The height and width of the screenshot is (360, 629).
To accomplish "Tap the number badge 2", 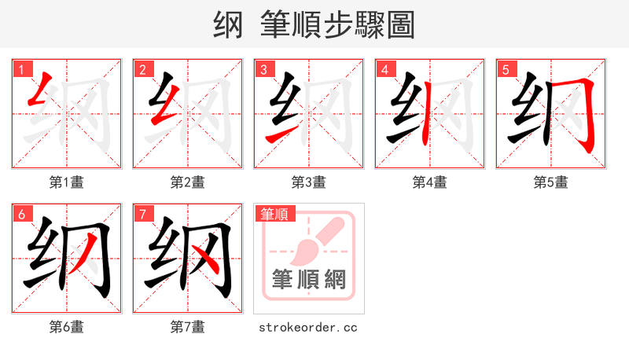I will (x=142, y=69).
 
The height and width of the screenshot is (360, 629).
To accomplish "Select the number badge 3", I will (x=263, y=69).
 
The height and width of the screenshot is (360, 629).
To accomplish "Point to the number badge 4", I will (x=384, y=69).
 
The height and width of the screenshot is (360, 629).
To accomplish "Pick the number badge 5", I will (x=506, y=69).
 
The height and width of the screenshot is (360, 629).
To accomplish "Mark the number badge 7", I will (x=142, y=214).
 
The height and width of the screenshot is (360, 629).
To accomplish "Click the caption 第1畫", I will (x=67, y=182).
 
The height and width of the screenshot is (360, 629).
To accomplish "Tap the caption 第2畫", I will (x=188, y=182).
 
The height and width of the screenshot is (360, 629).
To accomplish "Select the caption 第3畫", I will (x=309, y=182).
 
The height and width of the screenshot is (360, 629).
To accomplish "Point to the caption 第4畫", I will (x=430, y=182).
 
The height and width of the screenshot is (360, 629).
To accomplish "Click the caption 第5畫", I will (x=551, y=182).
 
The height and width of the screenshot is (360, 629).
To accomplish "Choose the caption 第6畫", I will (x=67, y=326).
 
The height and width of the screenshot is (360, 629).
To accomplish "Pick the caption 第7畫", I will (x=188, y=326).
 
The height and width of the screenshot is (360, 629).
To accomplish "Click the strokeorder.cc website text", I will (x=308, y=326).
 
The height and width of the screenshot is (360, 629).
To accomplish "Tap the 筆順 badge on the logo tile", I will (x=274, y=214).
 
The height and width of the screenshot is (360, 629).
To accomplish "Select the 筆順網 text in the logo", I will (x=309, y=279).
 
